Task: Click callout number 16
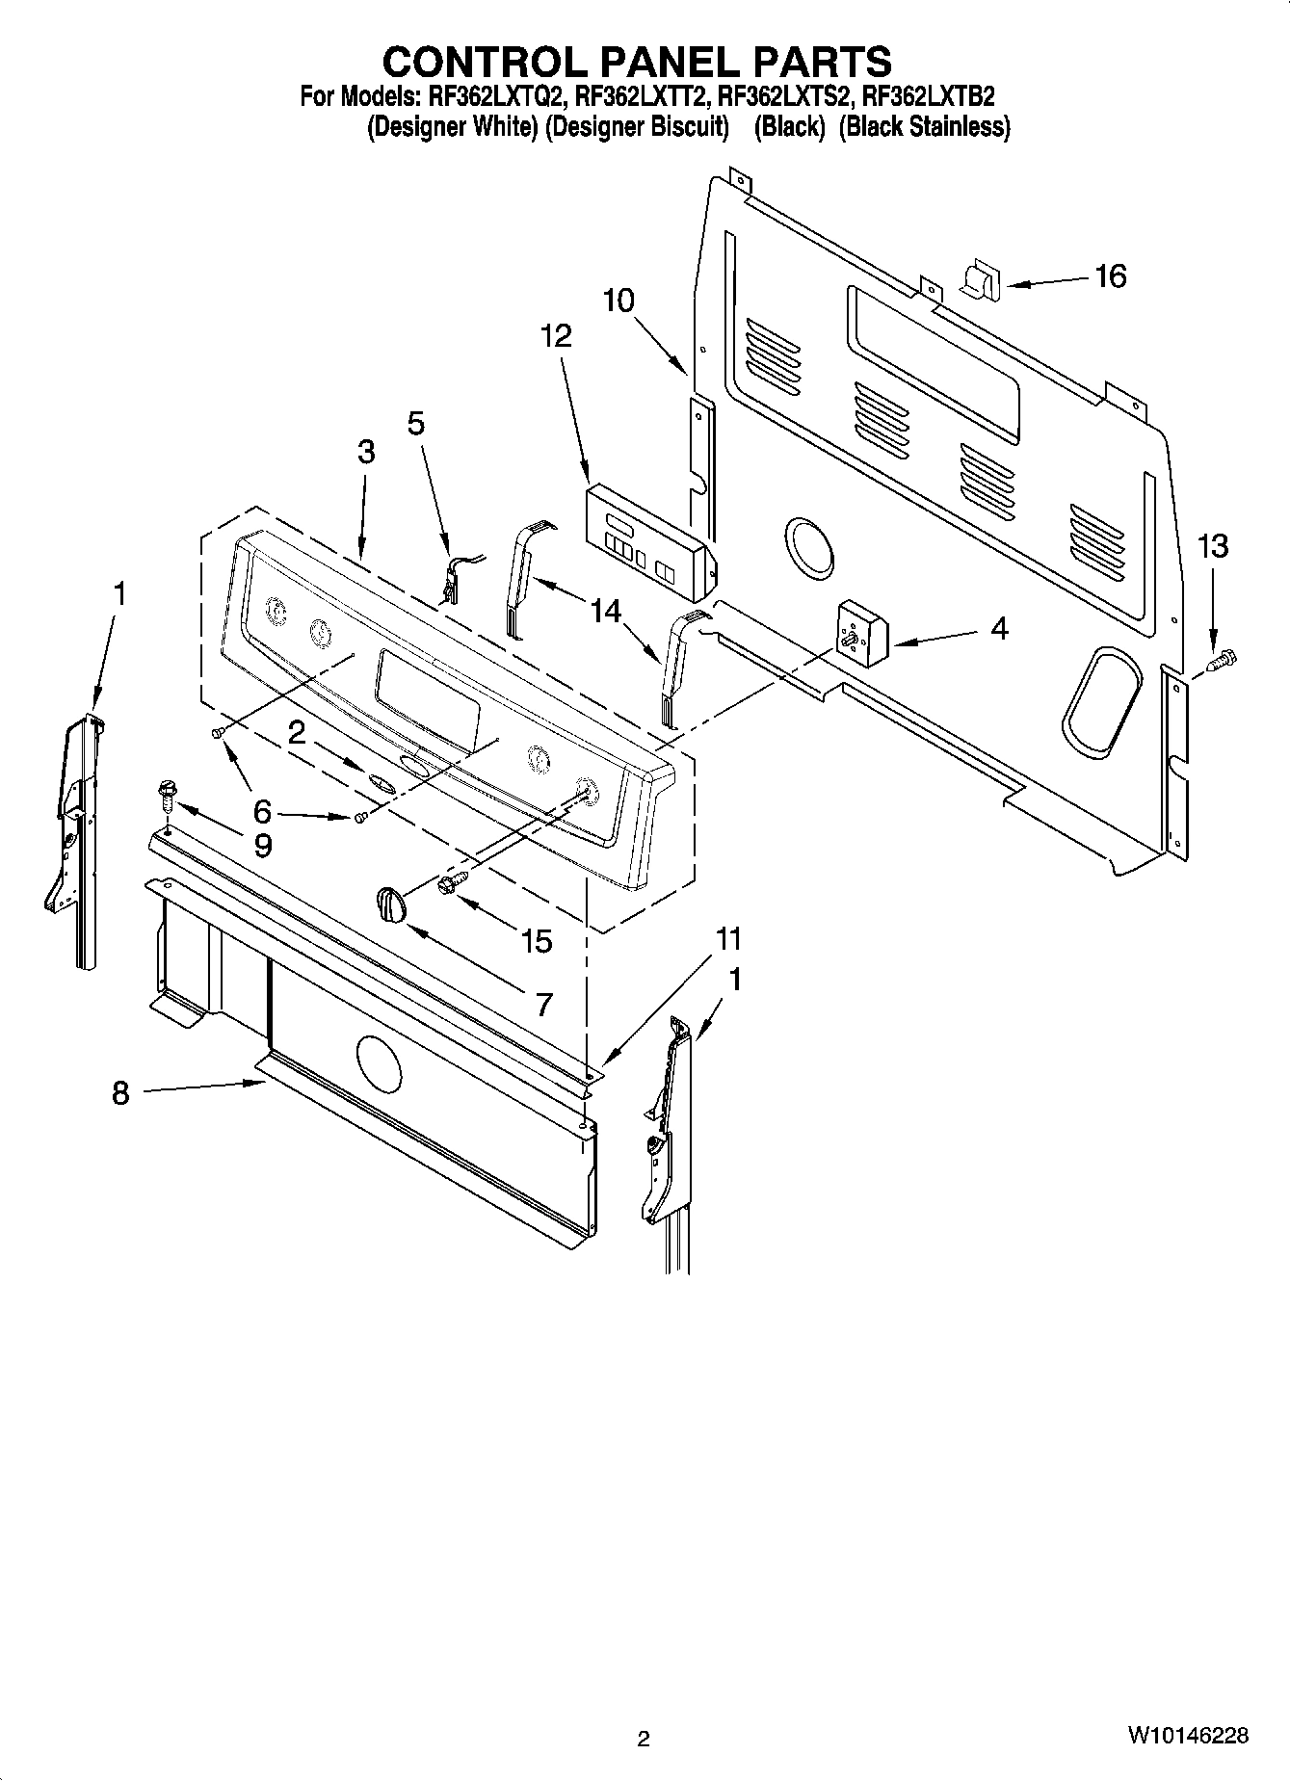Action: click(1110, 276)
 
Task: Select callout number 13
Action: click(1212, 546)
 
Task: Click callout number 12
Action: click(556, 335)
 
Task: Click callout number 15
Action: click(537, 941)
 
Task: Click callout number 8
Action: click(119, 1093)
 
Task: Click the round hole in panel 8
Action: click(378, 1063)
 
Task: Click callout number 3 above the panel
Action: click(365, 451)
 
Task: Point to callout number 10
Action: click(619, 301)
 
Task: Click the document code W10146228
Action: click(1188, 1736)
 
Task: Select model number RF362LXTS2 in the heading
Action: click(783, 96)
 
